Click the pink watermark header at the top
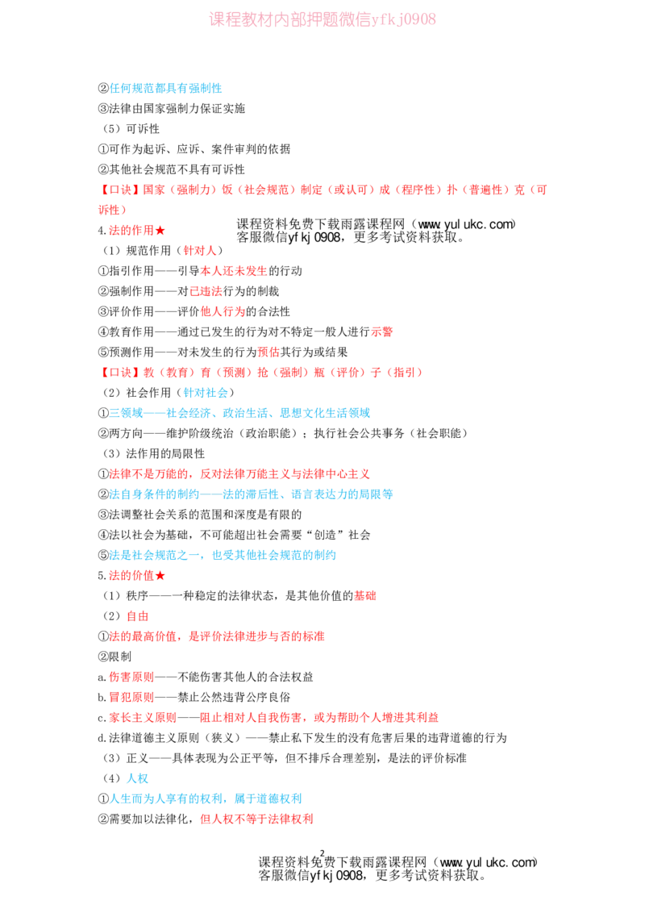[x=322, y=19]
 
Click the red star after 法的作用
[x=160, y=231]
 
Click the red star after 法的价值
[x=160, y=576]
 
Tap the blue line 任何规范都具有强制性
[x=166, y=89]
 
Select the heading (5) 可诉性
[x=131, y=129]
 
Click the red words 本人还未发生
[x=234, y=271]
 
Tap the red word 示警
[x=382, y=332]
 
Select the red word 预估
[x=268, y=352]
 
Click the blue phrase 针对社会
[x=206, y=393]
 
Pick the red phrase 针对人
[x=200, y=251]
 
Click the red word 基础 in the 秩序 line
[x=365, y=596]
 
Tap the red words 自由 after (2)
[x=137, y=617]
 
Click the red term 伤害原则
[x=131, y=677]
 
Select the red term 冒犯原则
[x=131, y=698]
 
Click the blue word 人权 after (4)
[x=137, y=779]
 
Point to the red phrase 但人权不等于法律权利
[x=256, y=819]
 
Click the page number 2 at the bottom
[x=322, y=853]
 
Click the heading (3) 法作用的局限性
[x=154, y=454]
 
